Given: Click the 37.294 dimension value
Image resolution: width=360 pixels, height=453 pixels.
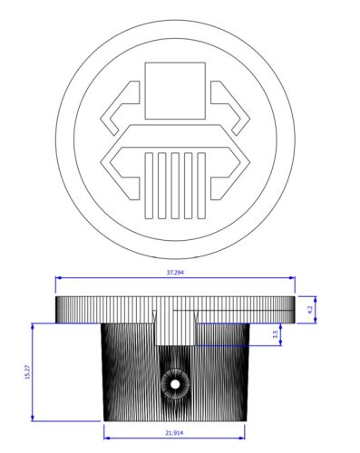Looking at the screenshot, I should (176, 272).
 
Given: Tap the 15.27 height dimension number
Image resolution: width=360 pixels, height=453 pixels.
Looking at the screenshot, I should (28, 372).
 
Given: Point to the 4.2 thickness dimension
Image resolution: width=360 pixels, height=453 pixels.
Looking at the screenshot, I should (310, 310).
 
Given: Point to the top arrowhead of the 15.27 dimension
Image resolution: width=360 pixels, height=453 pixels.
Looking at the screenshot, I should (35, 324).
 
